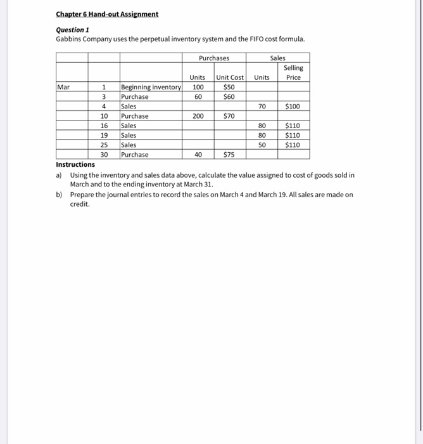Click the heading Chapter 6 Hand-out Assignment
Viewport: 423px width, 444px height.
[x=106, y=14]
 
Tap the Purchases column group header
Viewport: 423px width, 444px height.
[x=214, y=58]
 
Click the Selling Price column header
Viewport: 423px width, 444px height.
[x=293, y=72]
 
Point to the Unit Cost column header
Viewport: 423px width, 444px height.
[x=230, y=77]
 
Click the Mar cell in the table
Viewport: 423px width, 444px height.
[x=64, y=87]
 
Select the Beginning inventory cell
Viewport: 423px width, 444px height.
[x=151, y=87]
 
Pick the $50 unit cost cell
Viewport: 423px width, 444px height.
[x=230, y=87]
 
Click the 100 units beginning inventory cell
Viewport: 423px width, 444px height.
[x=199, y=87]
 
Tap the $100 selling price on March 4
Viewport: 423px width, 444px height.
[x=293, y=107]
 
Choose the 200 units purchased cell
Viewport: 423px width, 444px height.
[x=199, y=116]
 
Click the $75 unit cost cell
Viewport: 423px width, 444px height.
[x=230, y=154]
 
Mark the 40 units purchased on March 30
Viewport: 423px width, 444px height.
[x=199, y=154]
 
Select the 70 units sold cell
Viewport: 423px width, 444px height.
[x=262, y=107]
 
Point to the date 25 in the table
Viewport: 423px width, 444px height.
[x=104, y=145]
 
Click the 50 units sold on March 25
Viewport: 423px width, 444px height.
[x=262, y=145]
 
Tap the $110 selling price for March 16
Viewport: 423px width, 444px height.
[x=293, y=126]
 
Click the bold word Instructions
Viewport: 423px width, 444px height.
[x=75, y=164]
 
